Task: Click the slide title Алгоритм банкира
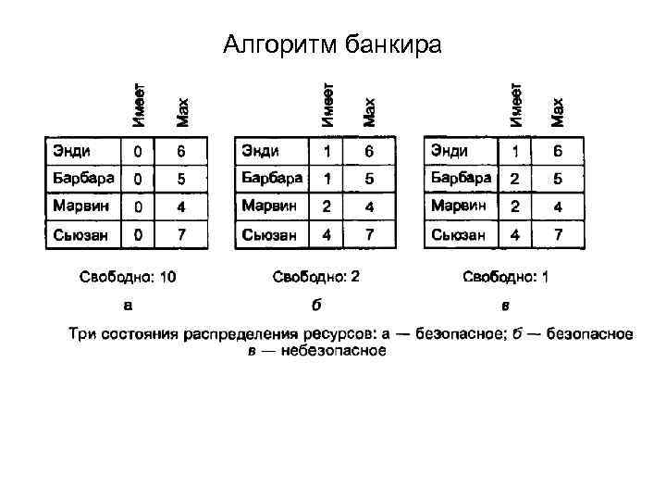[333, 44]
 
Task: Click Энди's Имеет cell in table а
[138, 150]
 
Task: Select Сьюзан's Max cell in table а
[181, 235]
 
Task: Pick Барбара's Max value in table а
[181, 178]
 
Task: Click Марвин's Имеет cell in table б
[327, 206]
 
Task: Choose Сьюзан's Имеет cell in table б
[327, 235]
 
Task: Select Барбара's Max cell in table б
[369, 177]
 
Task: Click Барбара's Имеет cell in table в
[515, 177]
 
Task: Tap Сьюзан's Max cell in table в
[558, 235]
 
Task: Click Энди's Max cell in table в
[558, 150]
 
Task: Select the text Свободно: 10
[128, 276]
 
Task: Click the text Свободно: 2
[315, 276]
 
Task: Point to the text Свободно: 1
[505, 276]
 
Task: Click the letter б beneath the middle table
[315, 304]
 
